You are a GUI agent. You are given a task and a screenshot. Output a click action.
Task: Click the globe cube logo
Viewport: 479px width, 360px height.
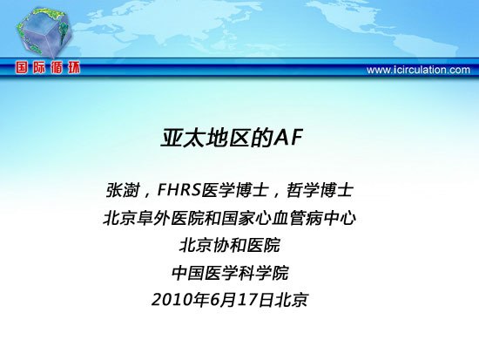[44, 33]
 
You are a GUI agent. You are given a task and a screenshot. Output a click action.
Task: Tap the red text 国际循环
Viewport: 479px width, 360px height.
[48, 68]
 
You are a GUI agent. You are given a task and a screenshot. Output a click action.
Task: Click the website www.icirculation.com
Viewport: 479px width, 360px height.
[418, 70]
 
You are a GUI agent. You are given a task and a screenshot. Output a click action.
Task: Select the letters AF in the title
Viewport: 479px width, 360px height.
[288, 139]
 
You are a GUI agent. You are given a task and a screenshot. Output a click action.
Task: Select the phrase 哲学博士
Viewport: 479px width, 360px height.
[320, 190]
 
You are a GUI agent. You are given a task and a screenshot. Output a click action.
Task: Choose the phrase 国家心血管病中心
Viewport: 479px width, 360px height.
[288, 219]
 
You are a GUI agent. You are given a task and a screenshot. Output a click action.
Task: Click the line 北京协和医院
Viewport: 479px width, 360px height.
[229, 246]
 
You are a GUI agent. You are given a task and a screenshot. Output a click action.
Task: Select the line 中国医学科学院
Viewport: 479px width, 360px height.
[230, 273]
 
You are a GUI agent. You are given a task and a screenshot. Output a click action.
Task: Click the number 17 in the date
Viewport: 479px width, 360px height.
[247, 300]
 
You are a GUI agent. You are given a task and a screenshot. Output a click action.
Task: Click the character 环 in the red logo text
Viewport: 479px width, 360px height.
[73, 68]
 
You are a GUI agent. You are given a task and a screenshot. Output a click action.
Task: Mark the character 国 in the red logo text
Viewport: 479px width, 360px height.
[22, 68]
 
